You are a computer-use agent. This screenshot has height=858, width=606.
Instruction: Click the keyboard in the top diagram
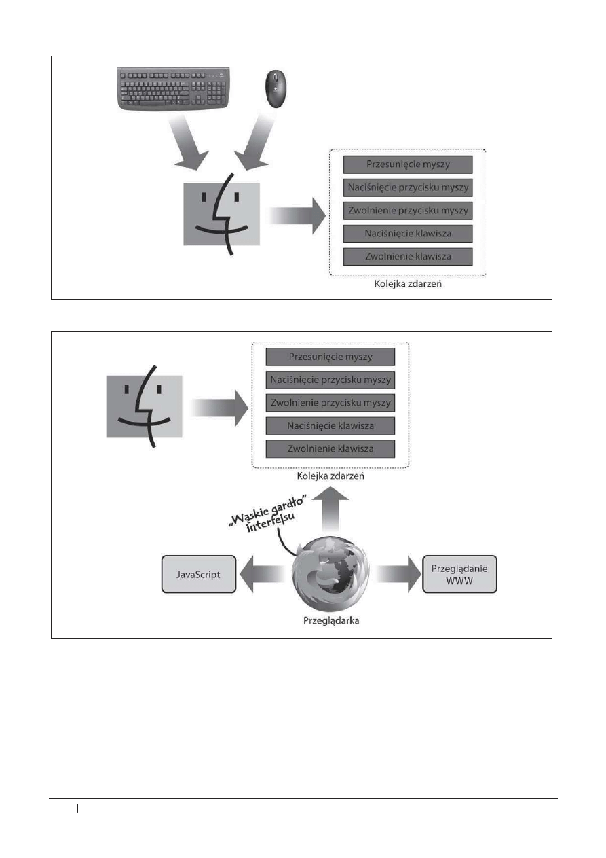[x=173, y=88]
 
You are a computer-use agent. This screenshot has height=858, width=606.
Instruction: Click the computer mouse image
[x=276, y=89]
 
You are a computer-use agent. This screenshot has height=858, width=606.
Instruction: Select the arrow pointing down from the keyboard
[x=187, y=142]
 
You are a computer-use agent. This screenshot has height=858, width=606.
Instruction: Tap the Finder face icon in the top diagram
[x=221, y=214]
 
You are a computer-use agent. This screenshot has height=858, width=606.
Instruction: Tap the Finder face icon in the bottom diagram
[x=145, y=406]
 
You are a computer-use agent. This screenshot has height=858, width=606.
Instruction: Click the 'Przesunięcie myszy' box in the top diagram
[x=408, y=164]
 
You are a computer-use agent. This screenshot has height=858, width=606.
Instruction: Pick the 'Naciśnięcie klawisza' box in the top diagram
[x=408, y=234]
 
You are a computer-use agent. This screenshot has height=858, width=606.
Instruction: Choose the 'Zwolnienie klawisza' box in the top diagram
[x=408, y=257]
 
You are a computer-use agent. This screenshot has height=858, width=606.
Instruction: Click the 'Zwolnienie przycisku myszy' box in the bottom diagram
[x=330, y=403]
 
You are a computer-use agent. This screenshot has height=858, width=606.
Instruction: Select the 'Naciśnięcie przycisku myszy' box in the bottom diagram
[x=330, y=380]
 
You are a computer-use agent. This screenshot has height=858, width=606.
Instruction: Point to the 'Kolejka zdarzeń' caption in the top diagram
[x=408, y=284]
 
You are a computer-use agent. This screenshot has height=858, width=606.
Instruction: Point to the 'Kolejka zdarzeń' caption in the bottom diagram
[x=330, y=476]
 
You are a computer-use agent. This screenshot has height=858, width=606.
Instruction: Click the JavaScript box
[x=199, y=574]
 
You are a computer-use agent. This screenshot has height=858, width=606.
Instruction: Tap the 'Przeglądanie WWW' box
[x=459, y=574]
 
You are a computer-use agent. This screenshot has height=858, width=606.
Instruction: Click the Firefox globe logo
[x=330, y=575]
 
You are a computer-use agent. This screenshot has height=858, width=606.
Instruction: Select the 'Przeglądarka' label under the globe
[x=331, y=620]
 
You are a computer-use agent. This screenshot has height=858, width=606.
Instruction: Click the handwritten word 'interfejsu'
[x=271, y=522]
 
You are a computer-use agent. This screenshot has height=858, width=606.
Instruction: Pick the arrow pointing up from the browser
[x=330, y=509]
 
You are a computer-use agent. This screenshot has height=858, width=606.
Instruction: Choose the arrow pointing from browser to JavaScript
[x=263, y=574]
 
